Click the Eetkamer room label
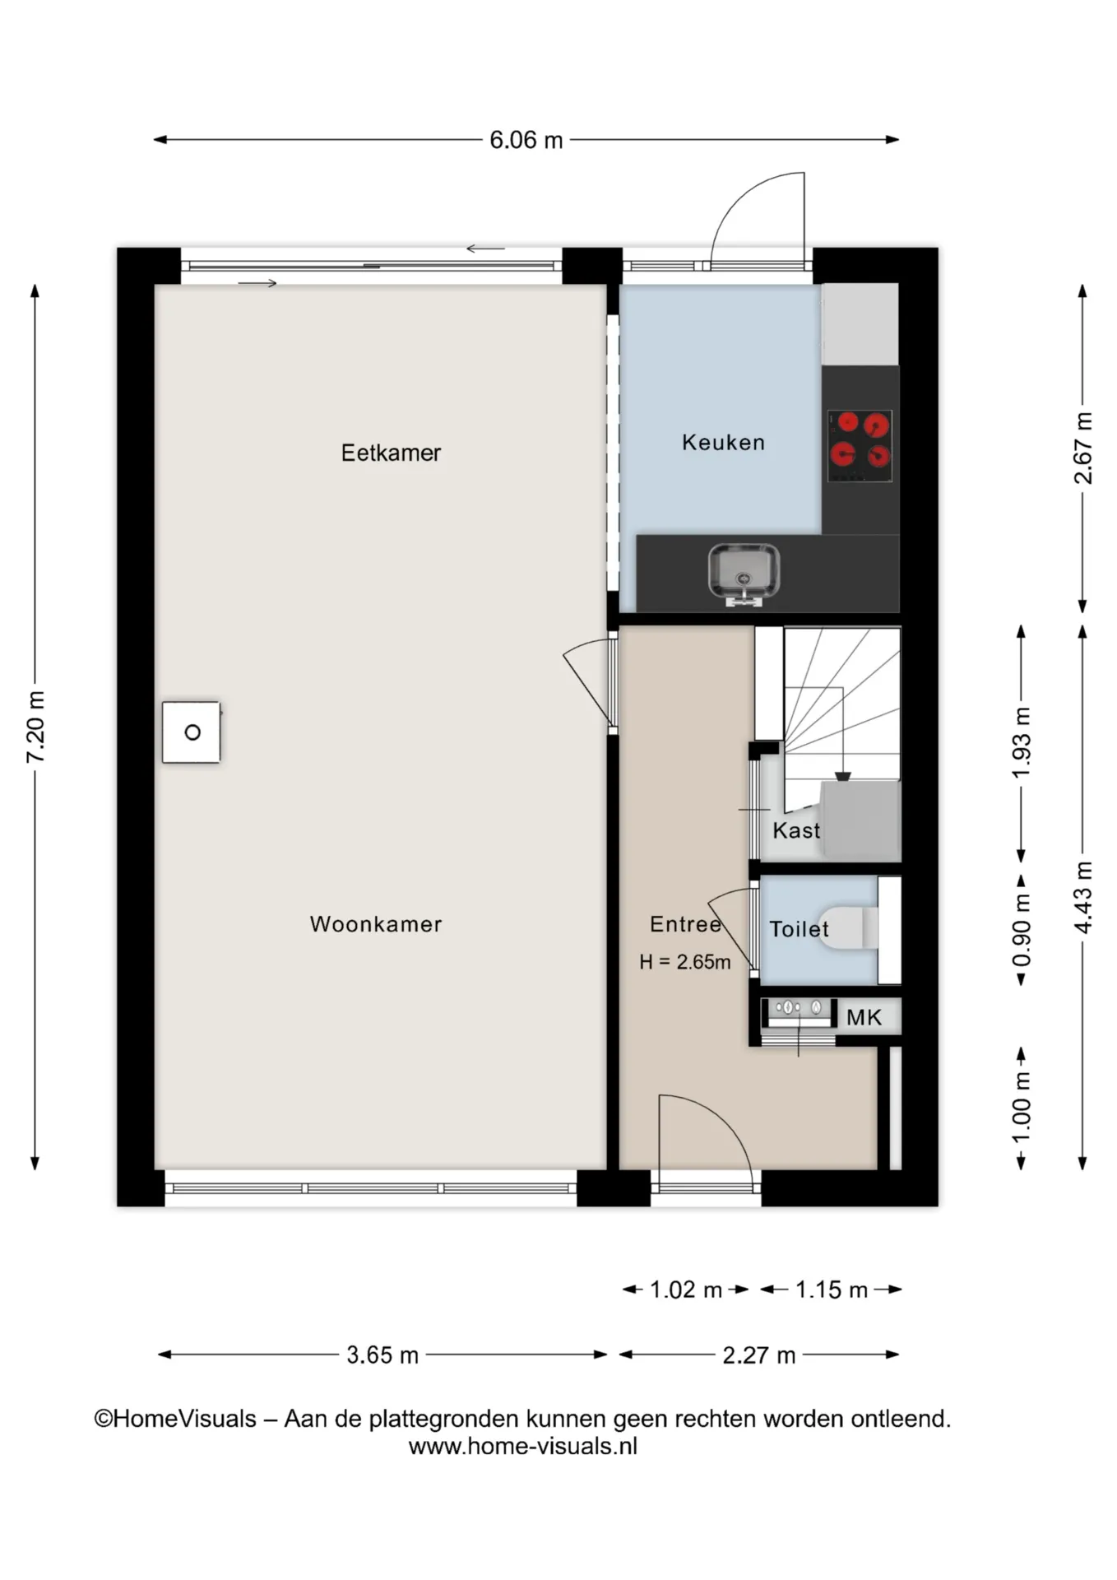point(391,453)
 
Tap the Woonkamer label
point(376,924)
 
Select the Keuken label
point(723,443)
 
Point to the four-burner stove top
point(860,446)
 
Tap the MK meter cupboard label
point(864,1018)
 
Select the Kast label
point(796,830)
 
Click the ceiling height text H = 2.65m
point(685,962)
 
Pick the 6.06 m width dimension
point(526,140)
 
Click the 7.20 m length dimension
point(35,727)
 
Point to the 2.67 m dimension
point(1083,448)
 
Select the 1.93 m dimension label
point(1021,742)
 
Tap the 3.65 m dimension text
point(382,1355)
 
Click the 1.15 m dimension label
point(832,1290)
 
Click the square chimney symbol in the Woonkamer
point(192,732)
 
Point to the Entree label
point(685,924)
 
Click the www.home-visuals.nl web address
point(523,1446)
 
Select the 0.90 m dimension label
point(1021,931)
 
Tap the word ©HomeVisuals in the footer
point(175,1419)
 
